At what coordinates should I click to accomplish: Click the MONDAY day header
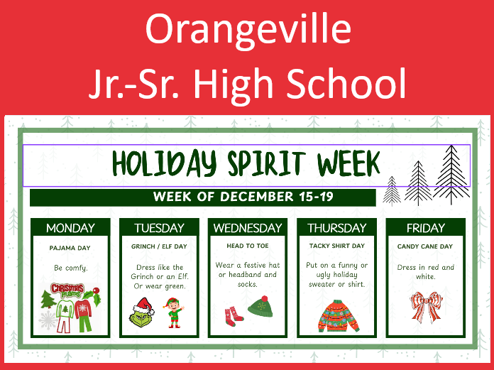pos(70,228)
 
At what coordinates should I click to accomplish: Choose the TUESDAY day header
pos(159,228)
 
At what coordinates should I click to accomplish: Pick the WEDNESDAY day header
pos(248,228)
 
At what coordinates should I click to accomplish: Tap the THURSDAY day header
pos(336,228)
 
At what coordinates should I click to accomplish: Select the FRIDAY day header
pos(425,228)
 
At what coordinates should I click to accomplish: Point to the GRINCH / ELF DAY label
pos(159,247)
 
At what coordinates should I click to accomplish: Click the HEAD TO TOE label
pos(248,246)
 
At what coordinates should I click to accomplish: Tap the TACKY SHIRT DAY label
pos(336,246)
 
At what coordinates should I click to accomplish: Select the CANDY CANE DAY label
pos(425,246)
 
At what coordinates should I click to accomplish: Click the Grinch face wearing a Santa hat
pos(142,312)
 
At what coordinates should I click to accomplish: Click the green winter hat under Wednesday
pos(260,308)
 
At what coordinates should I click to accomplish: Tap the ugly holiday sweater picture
pos(336,315)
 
